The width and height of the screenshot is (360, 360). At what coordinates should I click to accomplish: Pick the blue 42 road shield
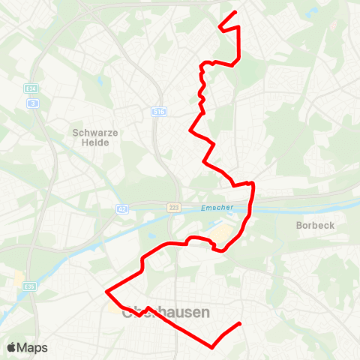click(121, 208)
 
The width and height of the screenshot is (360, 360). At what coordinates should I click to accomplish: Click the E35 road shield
click(30, 264)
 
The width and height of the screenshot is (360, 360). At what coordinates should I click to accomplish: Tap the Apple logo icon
click(11, 347)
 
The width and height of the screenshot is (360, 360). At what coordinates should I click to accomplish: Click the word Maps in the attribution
click(32, 347)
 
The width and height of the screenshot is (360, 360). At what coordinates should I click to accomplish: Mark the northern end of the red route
click(235, 13)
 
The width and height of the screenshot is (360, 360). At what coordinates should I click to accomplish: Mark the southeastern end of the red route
click(239, 323)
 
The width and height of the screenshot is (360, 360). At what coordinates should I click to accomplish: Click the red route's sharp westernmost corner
click(107, 291)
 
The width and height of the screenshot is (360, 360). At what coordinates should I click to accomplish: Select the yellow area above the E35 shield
click(19, 280)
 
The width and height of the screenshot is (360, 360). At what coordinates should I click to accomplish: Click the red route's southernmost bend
click(212, 347)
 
